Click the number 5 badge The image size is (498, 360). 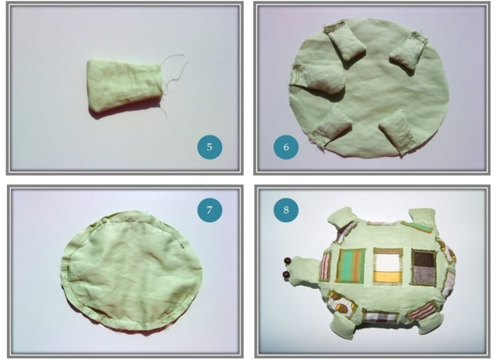[210, 147]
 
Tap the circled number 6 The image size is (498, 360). [286, 147]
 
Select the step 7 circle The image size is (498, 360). [210, 210]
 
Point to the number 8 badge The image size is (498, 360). [286, 210]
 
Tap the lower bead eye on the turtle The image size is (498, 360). [286, 273]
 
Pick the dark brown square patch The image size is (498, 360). [425, 267]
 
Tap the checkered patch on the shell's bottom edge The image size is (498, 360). [381, 316]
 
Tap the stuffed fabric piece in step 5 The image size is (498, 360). [125, 85]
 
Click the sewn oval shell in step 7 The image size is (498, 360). [133, 271]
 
